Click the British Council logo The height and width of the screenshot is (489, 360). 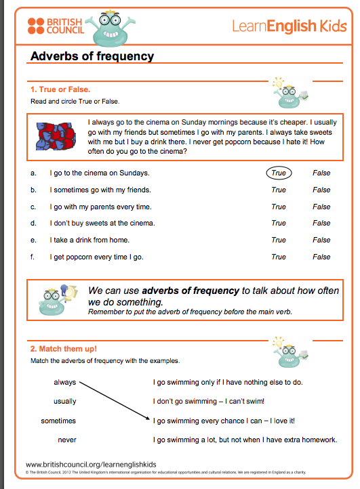(x=55, y=26)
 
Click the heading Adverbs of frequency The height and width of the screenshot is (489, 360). (x=92, y=56)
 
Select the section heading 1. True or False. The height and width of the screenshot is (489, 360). (x=60, y=89)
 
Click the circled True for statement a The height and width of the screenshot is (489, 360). (x=279, y=173)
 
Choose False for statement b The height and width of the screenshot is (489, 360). (x=321, y=190)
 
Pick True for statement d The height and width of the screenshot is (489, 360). (x=279, y=223)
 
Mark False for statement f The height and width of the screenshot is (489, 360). (x=321, y=257)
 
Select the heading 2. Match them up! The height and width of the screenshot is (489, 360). (x=64, y=349)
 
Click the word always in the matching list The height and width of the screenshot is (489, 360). (x=65, y=382)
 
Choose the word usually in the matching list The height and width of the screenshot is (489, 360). (x=65, y=401)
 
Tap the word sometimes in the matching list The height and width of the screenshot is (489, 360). (x=58, y=421)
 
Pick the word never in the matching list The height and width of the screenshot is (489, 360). (x=67, y=440)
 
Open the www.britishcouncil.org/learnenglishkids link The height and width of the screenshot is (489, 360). (x=92, y=463)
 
